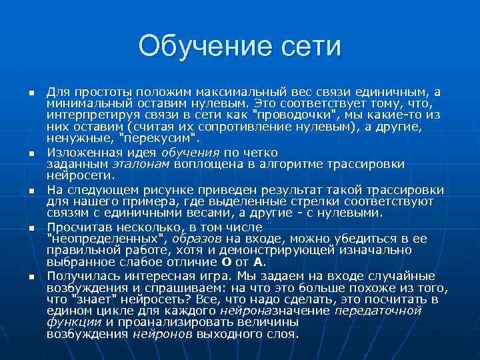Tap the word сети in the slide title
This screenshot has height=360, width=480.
[309, 47]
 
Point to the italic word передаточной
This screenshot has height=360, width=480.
[378, 311]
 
